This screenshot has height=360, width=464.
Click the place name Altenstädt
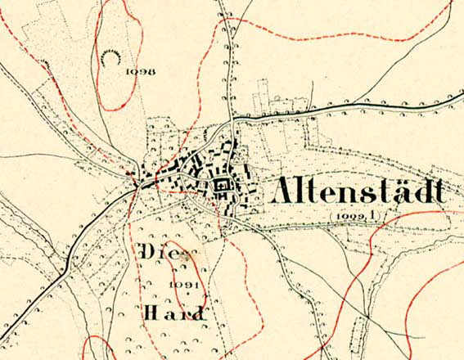point(358,191)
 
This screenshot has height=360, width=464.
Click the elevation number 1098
point(141,71)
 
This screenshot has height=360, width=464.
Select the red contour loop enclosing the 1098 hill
point(97,74)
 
